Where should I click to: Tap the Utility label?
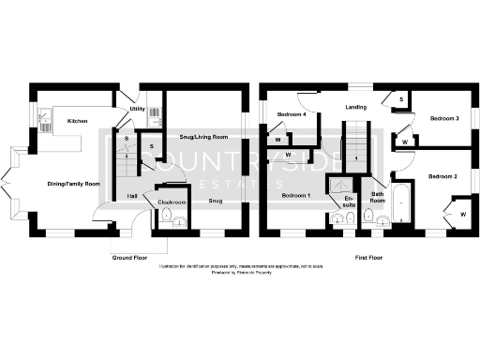tap(137, 110)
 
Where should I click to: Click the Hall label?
tap(132, 196)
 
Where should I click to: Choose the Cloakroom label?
tap(170, 202)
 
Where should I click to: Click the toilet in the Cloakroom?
tap(167, 219)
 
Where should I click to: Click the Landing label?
tap(355, 106)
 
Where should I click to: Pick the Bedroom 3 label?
tap(443, 119)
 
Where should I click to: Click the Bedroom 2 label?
tap(442, 176)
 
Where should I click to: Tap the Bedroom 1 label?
tap(294, 196)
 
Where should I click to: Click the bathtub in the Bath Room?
tap(403, 206)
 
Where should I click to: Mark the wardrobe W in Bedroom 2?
tap(463, 215)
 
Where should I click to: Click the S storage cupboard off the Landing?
tap(401, 98)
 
